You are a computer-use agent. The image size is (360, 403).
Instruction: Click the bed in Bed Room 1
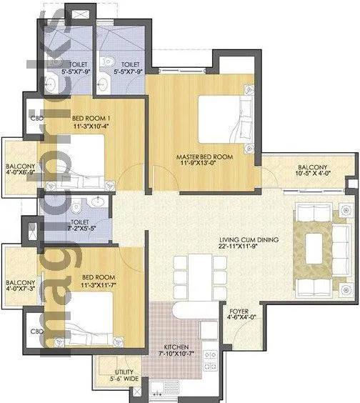pyautogui.click(x=80, y=159)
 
